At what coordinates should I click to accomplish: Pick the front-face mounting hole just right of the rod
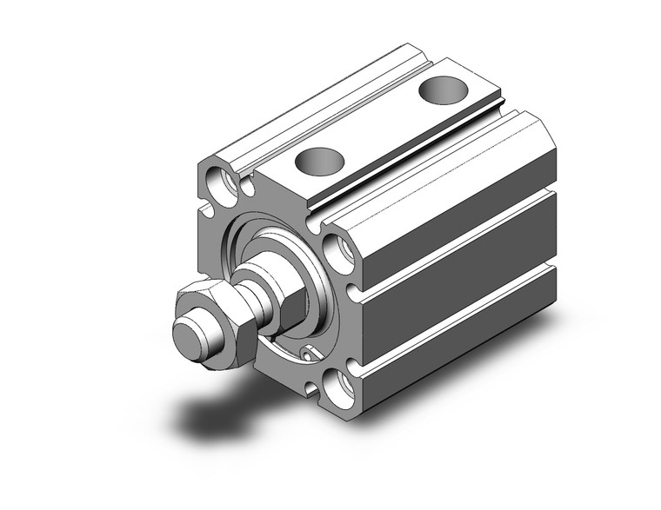tap(340, 254)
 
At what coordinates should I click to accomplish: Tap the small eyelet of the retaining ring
tap(307, 353)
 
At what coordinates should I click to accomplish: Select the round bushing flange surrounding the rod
tap(261, 252)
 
